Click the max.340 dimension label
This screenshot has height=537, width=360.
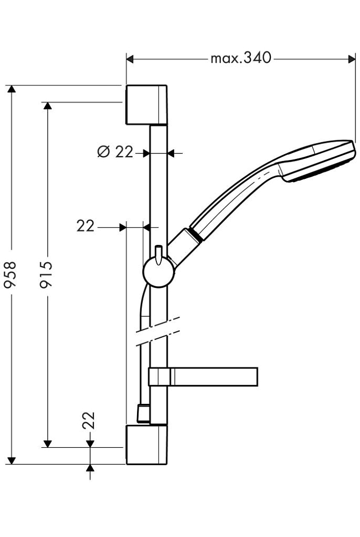pos(241,58)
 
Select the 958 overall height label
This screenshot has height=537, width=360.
pos(11,274)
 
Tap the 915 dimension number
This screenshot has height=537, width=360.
pos(47,274)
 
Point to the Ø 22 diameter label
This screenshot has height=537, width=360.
pos(116,153)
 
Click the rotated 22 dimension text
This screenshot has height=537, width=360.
pos(89,420)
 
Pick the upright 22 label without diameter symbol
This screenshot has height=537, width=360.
pos(85,227)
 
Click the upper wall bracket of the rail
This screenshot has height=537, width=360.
pos(146,104)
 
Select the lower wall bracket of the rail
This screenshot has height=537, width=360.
pos(146,445)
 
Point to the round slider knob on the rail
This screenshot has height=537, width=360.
pos(159,273)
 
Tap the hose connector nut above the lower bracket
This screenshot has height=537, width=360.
pos(142,412)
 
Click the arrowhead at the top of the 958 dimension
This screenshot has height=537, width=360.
pos(11,89)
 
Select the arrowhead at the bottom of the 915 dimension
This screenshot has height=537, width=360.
pos(47,442)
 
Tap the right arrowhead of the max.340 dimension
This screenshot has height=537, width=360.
pos(352,58)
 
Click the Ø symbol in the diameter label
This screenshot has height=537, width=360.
pos(104,153)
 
